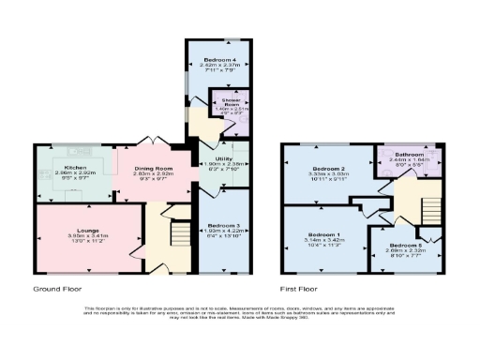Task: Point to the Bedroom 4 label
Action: [x=217, y=60]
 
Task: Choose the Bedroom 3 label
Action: [x=223, y=225]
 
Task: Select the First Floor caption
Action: [x=301, y=290]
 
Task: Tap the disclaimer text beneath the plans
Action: [x=240, y=314]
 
